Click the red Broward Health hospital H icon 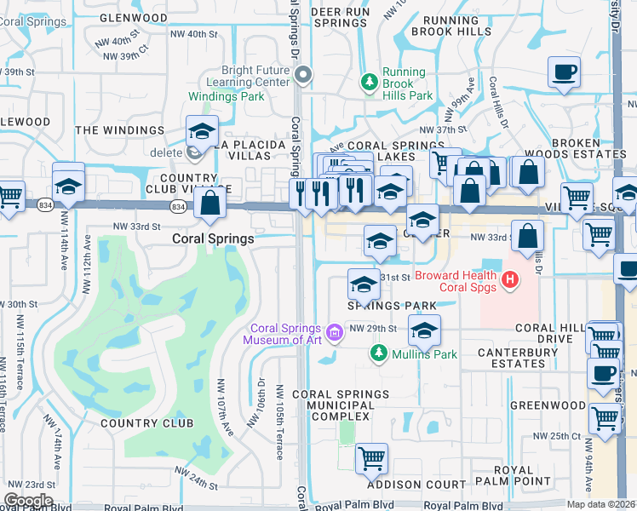pyautogui.click(x=509, y=278)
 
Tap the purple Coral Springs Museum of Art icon pyautogui.click(x=335, y=331)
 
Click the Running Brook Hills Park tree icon pyautogui.click(x=369, y=82)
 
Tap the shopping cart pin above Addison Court pyautogui.click(x=371, y=459)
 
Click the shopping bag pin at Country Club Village pyautogui.click(x=209, y=204)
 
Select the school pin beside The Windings pyautogui.click(x=202, y=131)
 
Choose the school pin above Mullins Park pyautogui.click(x=422, y=330)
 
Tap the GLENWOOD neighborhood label pyautogui.click(x=134, y=17)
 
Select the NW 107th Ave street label pyautogui.click(x=225, y=408)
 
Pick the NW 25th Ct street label pyautogui.click(x=557, y=436)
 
